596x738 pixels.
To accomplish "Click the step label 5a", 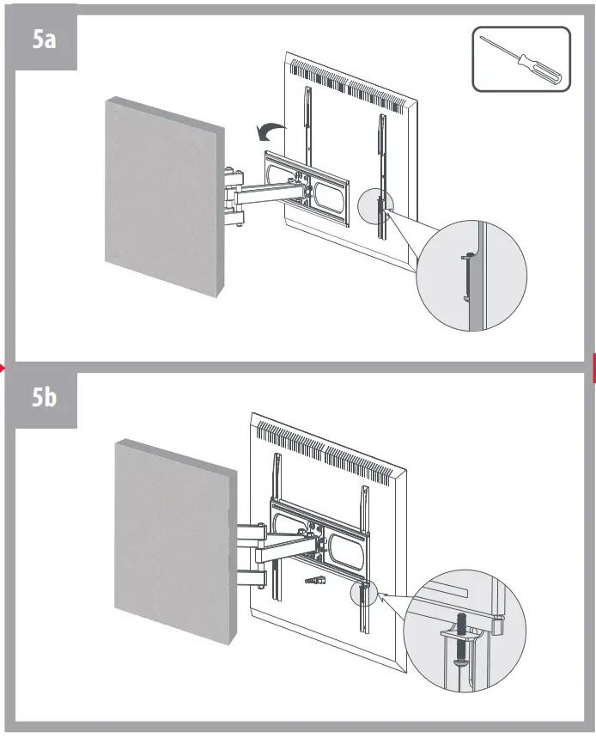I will pyautogui.click(x=44, y=40).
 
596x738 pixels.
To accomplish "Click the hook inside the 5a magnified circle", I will pyautogui.click(x=465, y=275).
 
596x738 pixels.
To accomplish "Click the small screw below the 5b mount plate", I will pyautogui.click(x=313, y=582).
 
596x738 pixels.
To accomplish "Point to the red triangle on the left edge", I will pyautogui.click(x=3, y=369).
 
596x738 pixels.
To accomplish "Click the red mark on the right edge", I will pyautogui.click(x=593, y=367).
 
